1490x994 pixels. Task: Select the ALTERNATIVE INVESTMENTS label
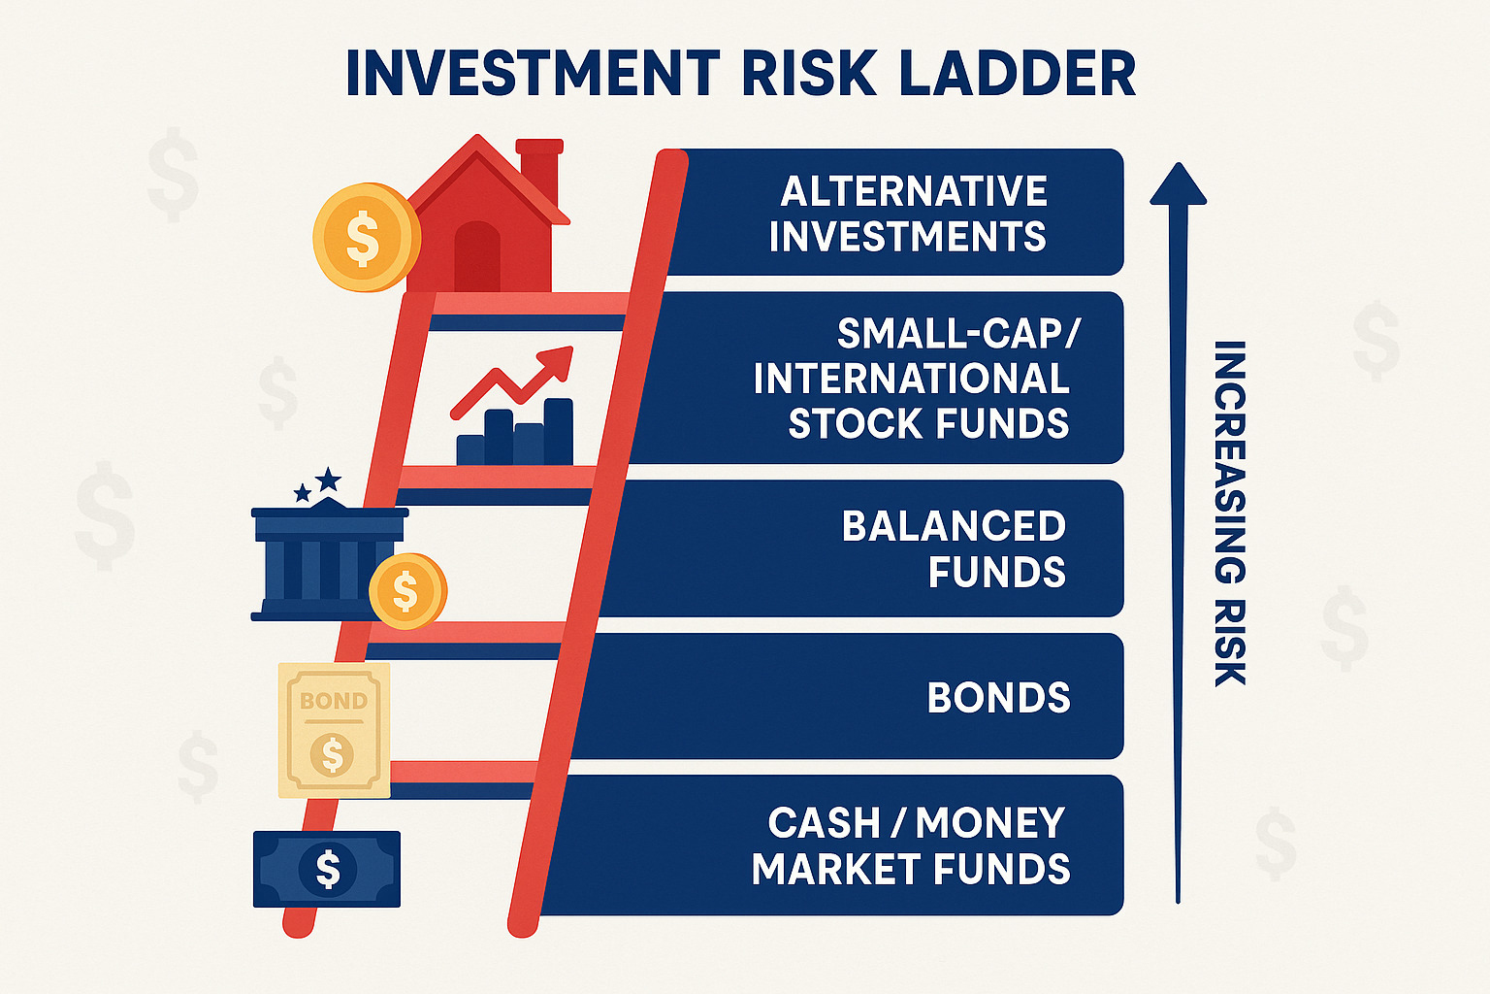pos(909,214)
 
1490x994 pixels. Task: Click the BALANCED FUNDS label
pos(955,548)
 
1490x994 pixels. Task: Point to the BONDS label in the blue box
pos(998,698)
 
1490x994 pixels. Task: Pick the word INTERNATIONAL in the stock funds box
pos(911,379)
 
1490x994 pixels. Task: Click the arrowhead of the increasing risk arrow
pos(1178,184)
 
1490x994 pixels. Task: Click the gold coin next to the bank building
pos(406,590)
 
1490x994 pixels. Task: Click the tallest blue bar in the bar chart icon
pos(558,432)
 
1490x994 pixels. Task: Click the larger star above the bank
pos(329,479)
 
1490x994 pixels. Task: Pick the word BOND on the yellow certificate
pos(334,701)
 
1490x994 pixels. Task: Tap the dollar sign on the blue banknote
pos(328,869)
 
